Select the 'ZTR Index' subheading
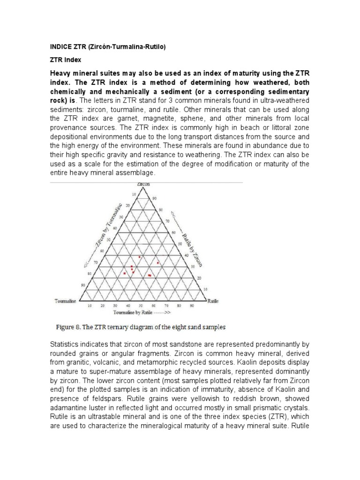click(x=66, y=60)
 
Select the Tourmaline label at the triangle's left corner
click(x=65, y=300)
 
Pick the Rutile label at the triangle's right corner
click(x=213, y=300)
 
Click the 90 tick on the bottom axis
click(x=192, y=305)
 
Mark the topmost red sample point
click(x=139, y=257)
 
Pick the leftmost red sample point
click(x=124, y=273)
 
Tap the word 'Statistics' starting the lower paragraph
click(x=65, y=345)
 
